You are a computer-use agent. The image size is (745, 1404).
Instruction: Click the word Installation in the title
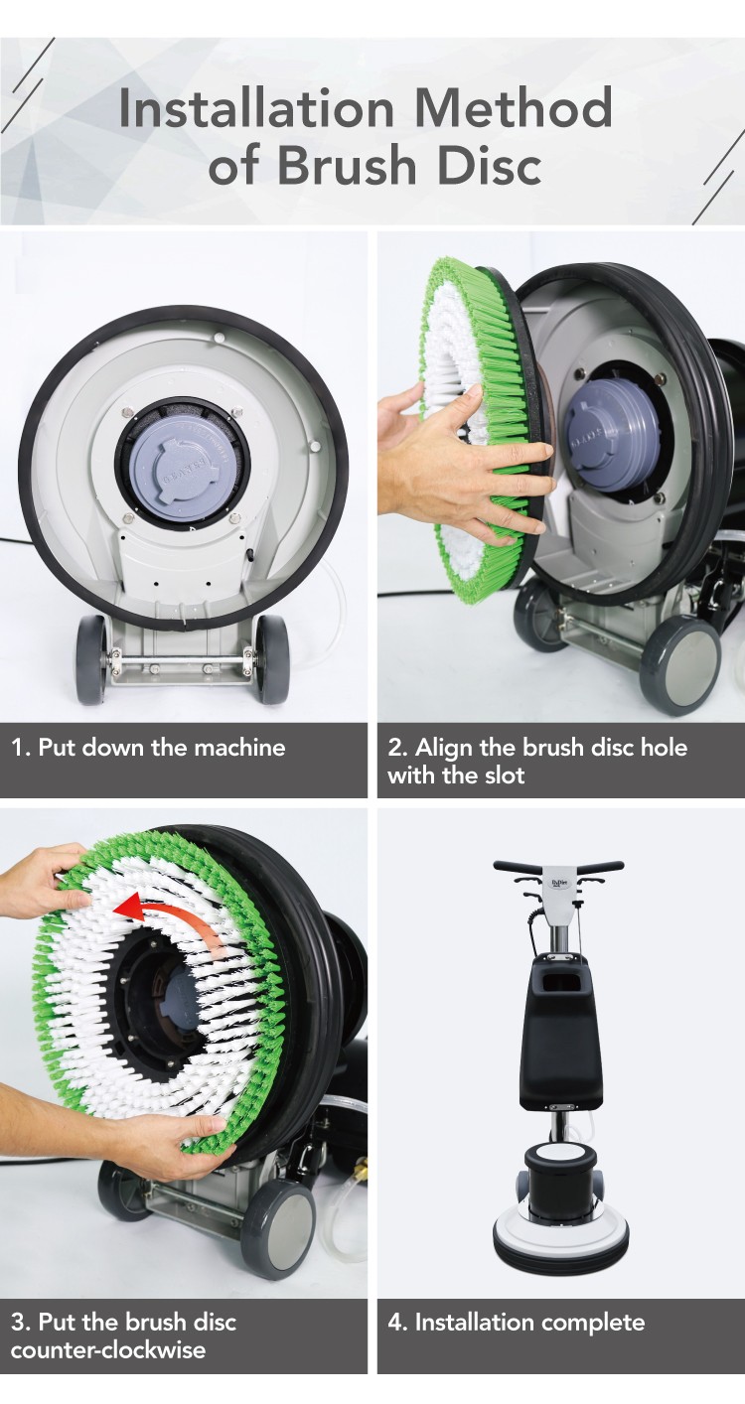pyautogui.click(x=256, y=108)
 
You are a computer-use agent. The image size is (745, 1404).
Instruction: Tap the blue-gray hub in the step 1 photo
pyautogui.click(x=184, y=467)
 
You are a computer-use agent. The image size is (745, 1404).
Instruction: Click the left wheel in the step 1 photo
pyautogui.click(x=91, y=658)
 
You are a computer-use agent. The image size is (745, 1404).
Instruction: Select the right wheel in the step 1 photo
pyautogui.click(x=272, y=658)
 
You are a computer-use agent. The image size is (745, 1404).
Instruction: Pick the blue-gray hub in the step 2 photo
pyautogui.click(x=613, y=432)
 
